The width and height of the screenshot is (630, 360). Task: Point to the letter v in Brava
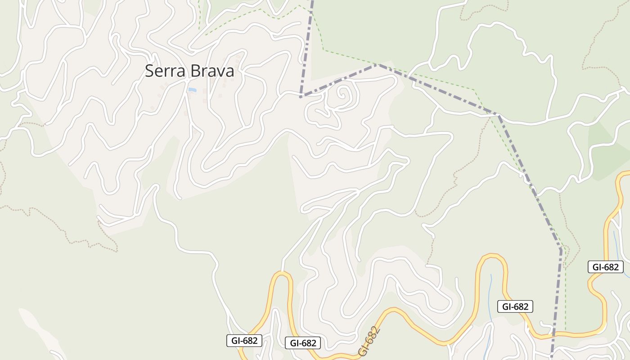223,72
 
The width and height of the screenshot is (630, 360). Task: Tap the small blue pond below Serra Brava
192,90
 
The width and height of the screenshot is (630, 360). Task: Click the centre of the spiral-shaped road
343,95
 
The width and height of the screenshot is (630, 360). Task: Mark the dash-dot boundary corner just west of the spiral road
301,96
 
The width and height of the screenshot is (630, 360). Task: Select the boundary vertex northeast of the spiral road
378,65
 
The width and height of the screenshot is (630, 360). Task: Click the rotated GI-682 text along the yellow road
370,341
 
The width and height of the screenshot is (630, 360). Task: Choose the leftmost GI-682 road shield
244,341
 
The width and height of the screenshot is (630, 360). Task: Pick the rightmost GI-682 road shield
605,267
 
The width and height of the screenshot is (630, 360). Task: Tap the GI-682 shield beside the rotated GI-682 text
303,343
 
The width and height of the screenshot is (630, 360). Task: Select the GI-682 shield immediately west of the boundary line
515,307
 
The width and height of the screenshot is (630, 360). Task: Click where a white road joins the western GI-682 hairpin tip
283,272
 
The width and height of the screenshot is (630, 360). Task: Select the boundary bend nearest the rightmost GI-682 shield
561,249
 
